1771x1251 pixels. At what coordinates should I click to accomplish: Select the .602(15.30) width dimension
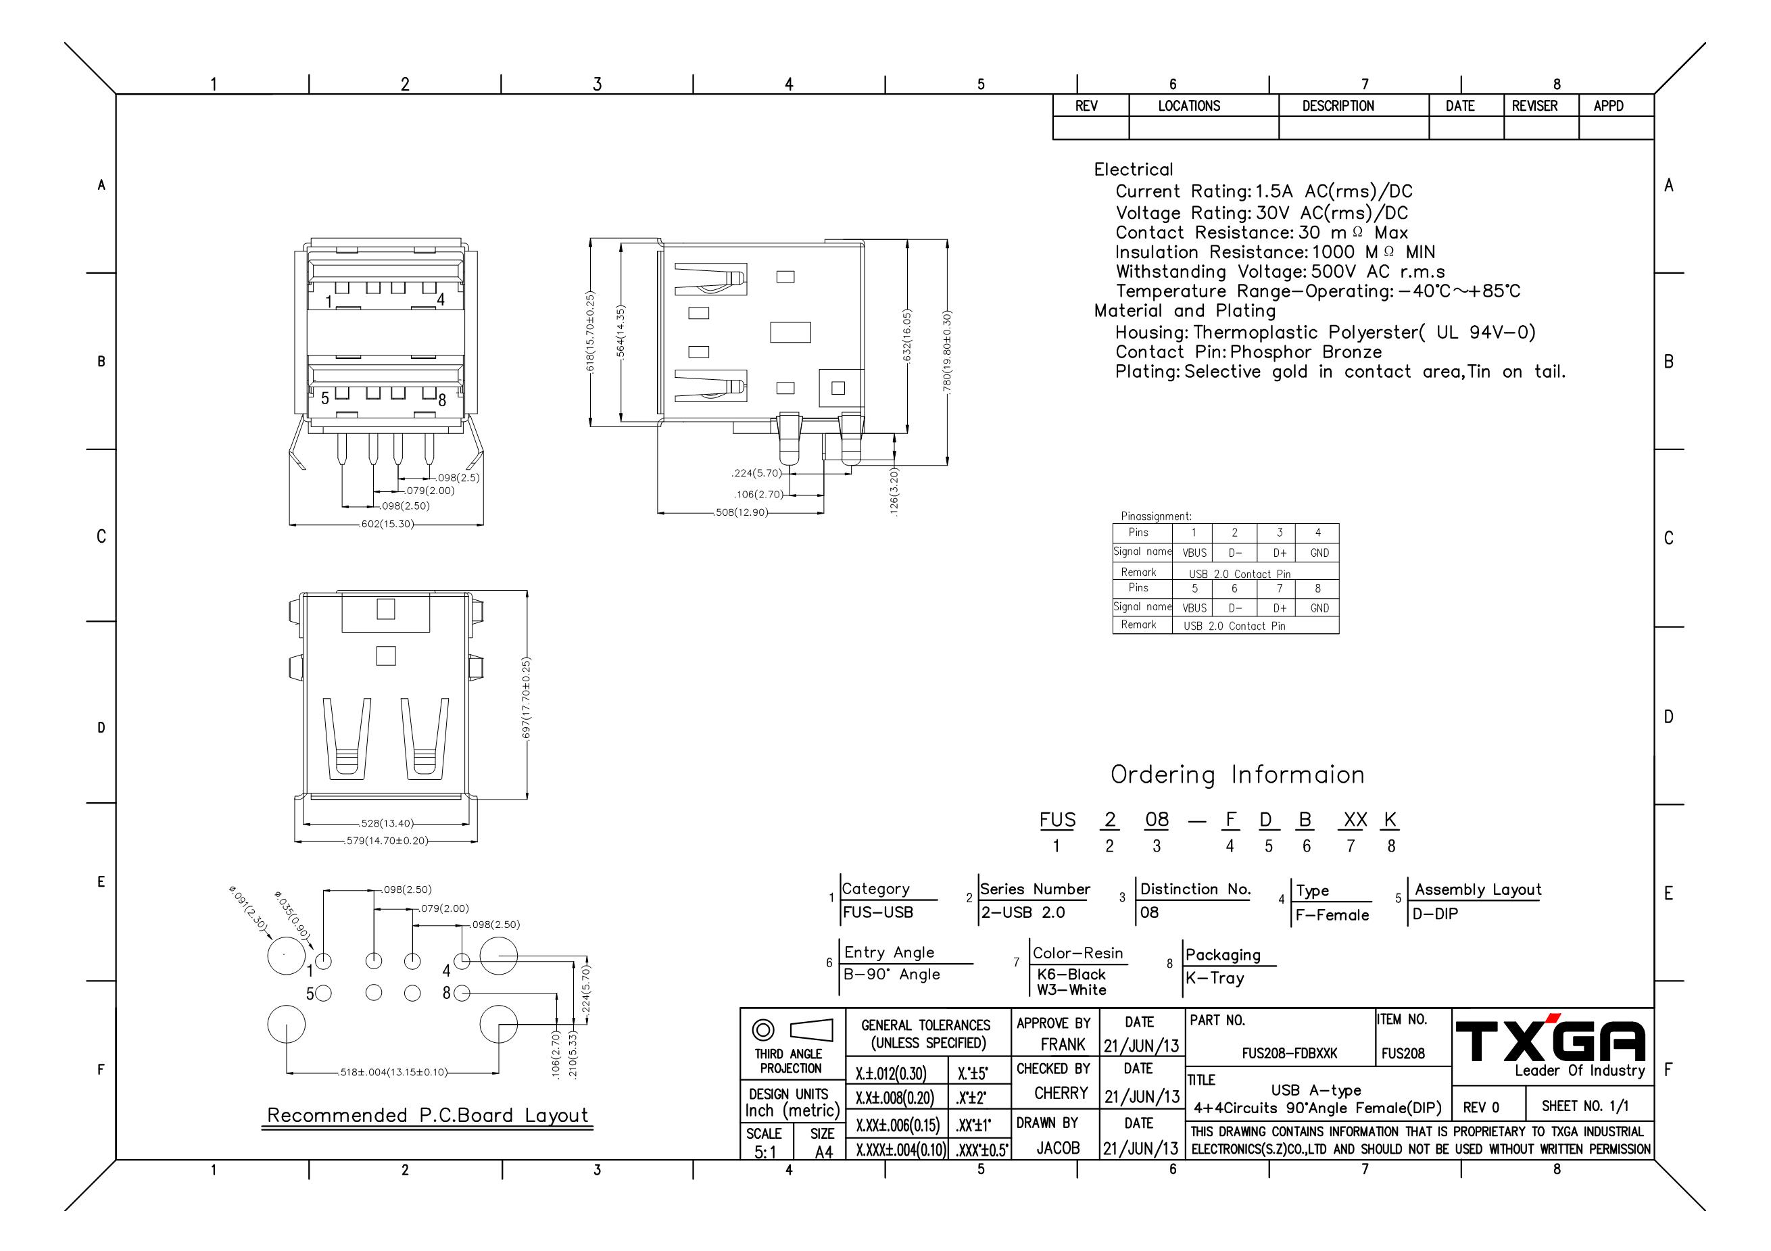387,524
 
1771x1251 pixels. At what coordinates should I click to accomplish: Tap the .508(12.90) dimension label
742,512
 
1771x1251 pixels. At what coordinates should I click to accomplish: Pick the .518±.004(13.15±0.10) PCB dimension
393,1072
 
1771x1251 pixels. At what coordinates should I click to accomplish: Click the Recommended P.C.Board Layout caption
427,1115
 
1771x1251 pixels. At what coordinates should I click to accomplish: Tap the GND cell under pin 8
1319,608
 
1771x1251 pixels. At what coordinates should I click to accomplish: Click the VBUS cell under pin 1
1194,553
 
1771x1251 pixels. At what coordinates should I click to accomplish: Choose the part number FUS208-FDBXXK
1289,1054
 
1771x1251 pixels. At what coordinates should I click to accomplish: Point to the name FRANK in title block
1062,1044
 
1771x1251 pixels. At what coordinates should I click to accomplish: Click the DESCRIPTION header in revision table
1338,105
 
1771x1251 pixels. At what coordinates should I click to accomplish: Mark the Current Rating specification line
1263,191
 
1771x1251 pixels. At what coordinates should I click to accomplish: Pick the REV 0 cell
1481,1108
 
